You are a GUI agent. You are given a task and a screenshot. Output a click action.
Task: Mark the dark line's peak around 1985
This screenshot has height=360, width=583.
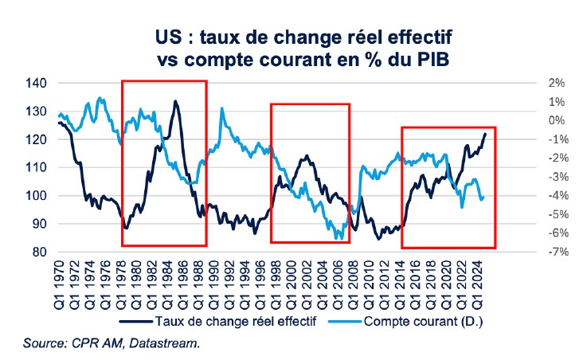[174, 101]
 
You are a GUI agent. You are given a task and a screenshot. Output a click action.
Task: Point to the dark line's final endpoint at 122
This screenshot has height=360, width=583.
[486, 133]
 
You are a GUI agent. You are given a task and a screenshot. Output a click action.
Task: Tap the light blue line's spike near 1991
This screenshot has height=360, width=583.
[221, 108]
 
